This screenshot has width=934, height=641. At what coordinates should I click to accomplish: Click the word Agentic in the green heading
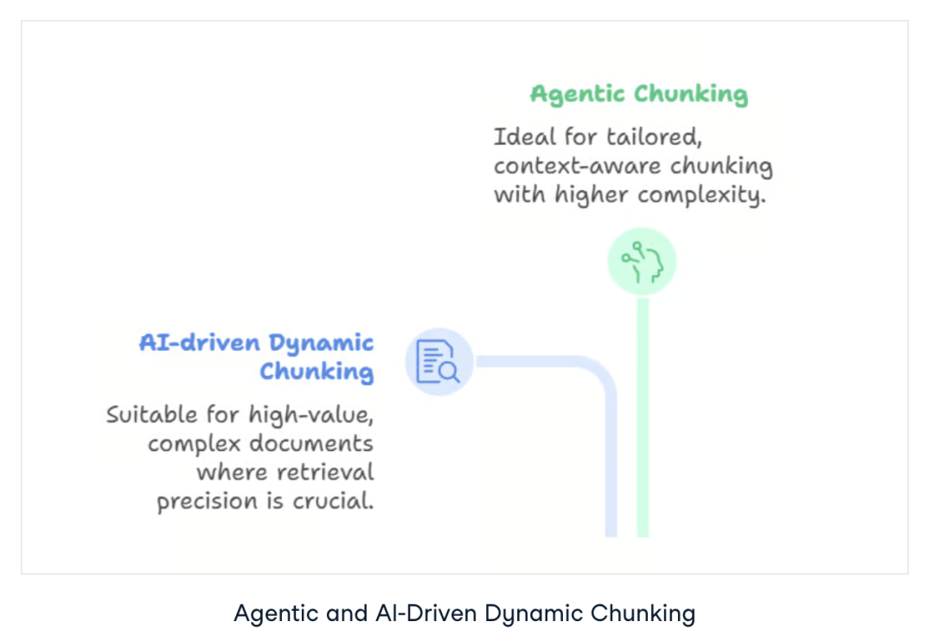pos(578,94)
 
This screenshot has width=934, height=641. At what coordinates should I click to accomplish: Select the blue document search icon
pos(438,361)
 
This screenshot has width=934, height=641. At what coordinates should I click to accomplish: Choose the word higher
pos(596,195)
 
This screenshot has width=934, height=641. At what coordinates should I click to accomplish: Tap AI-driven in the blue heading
pos(199,343)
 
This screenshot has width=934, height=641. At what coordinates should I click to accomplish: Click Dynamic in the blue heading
pos(321,344)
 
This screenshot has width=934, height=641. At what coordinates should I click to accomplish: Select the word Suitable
pos(151,415)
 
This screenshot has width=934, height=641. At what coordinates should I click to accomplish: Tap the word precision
pos(206,502)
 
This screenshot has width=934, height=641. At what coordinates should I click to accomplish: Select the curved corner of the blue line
pos(602,373)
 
